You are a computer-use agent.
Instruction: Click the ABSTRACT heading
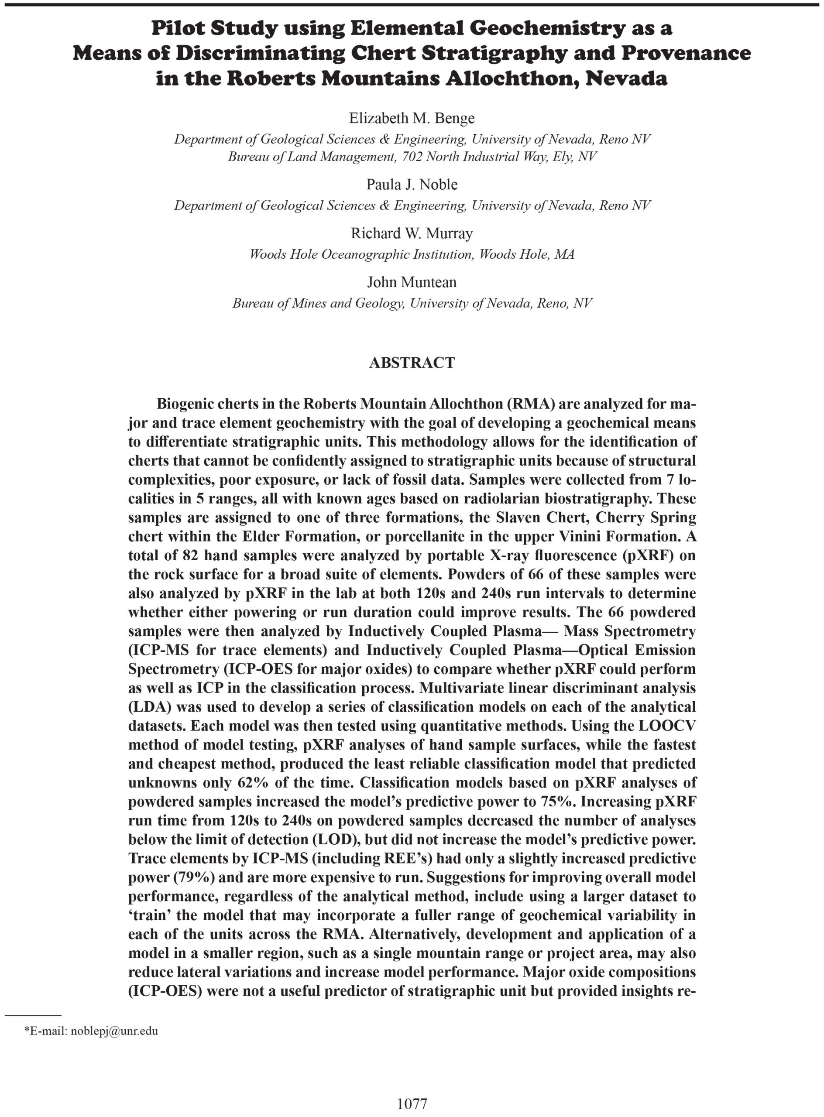coord(412,363)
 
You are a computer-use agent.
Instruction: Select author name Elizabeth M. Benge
coord(412,118)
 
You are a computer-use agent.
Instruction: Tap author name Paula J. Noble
coord(412,185)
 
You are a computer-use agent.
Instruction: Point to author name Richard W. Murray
coord(412,233)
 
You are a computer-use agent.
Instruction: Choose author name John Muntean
coord(412,282)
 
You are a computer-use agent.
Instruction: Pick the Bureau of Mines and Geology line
coord(412,303)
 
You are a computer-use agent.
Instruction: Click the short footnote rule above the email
coord(33,1015)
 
